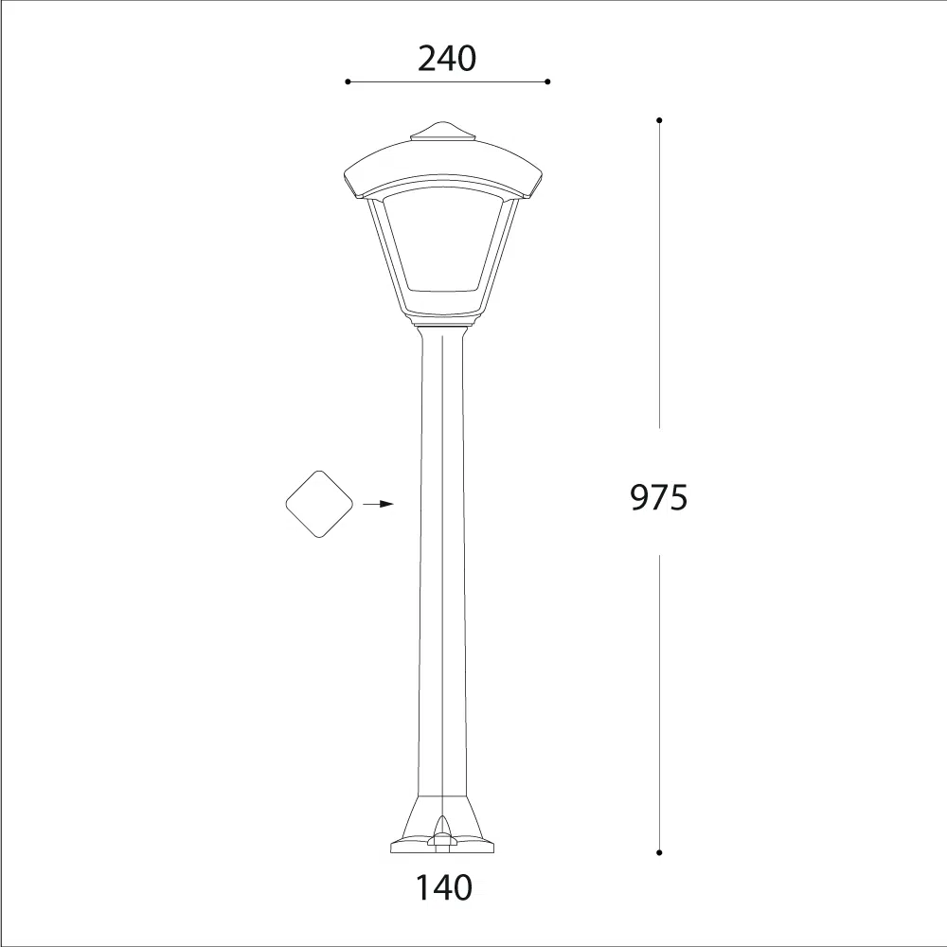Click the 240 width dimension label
point(447,59)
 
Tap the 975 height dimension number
point(659,498)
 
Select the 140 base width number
point(444,888)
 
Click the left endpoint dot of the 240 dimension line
point(348,81)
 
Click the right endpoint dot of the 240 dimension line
point(547,81)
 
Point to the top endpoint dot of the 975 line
point(659,120)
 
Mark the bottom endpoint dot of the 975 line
point(659,852)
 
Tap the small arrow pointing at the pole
point(378,504)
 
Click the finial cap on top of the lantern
point(442,132)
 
